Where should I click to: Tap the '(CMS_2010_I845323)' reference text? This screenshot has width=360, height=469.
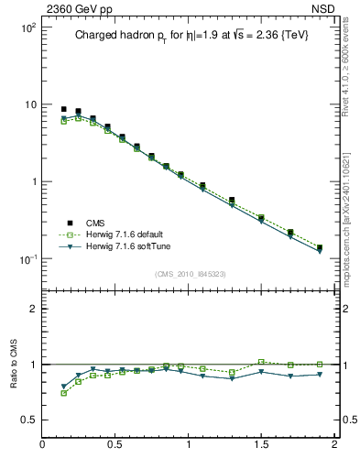[x=189, y=274]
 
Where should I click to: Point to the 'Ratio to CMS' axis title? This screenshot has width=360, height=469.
[x=14, y=363]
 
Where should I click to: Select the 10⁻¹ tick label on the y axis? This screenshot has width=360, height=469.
[x=27, y=259]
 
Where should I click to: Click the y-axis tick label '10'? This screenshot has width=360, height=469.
[x=28, y=104]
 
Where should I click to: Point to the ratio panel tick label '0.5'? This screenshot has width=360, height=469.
[x=27, y=420]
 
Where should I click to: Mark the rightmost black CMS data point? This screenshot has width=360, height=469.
[x=320, y=247]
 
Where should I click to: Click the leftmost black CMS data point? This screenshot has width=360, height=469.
[x=64, y=109]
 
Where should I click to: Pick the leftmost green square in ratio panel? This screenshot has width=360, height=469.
[x=64, y=393]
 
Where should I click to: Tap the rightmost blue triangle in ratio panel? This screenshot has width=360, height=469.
[x=320, y=375]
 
